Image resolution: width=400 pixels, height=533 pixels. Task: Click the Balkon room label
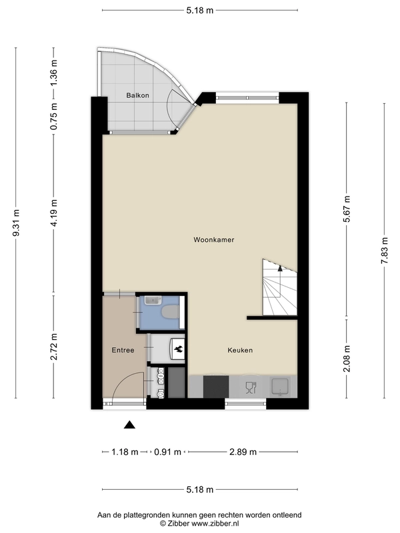tap(138, 95)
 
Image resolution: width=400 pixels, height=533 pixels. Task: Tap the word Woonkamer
tap(214, 240)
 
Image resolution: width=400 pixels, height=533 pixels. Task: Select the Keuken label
tap(240, 350)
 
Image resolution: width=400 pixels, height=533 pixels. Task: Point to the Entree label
tap(123, 350)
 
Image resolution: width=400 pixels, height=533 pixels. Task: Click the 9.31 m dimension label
tap(15, 223)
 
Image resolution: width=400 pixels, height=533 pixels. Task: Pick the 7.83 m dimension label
tap(385, 251)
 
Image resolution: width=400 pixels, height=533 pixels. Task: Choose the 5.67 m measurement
tap(347, 209)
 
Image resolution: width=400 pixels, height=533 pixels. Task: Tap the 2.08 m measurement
tap(347, 358)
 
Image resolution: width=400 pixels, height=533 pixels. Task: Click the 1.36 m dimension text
tap(53, 73)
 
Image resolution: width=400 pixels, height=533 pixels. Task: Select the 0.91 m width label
tap(168, 452)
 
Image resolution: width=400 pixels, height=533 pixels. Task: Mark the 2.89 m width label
tap(243, 452)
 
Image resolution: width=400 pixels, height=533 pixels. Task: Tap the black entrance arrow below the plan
tap(129, 424)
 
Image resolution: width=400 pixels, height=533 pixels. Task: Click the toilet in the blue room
tap(171, 312)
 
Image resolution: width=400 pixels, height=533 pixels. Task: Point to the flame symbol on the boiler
tap(179, 348)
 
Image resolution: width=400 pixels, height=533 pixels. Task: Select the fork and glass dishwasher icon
tap(251, 387)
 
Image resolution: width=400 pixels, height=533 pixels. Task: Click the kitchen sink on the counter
tap(279, 387)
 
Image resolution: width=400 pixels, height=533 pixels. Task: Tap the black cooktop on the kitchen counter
tap(216, 386)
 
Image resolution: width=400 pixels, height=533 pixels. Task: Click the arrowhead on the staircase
tap(280, 268)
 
